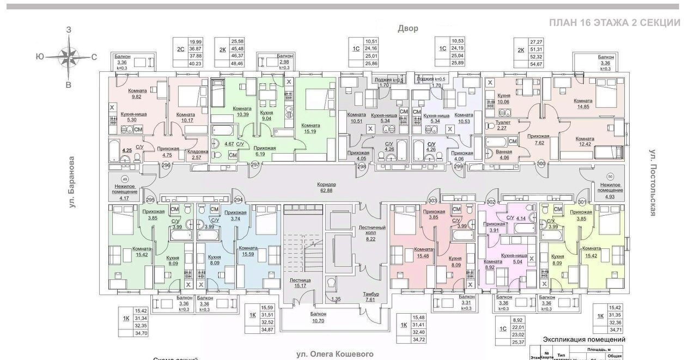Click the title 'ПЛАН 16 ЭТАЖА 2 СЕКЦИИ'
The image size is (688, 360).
coord(614,23)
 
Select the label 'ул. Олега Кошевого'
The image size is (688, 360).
coord(335,354)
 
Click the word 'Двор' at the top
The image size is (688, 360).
coord(407,28)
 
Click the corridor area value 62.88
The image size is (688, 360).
coord(327,190)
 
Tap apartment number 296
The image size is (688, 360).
coord(166,166)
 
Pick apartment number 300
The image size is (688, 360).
coord(541,163)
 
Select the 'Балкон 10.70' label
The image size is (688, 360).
coord(319,318)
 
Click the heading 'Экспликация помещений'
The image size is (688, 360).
coord(583,339)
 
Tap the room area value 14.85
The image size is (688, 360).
coord(583,107)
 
